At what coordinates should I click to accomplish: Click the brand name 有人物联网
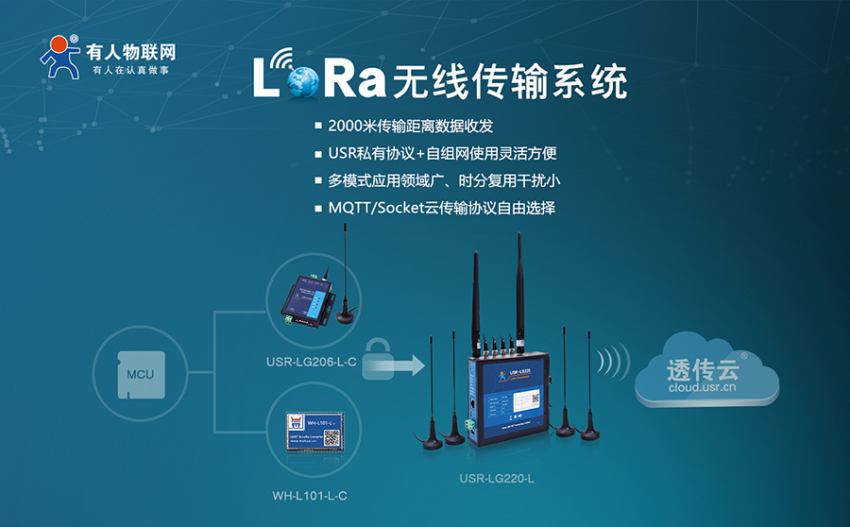[x=130, y=51]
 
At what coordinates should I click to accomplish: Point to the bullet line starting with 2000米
[x=411, y=126]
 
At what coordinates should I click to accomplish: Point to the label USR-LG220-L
[x=497, y=480]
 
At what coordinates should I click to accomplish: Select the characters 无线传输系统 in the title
[x=510, y=82]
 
